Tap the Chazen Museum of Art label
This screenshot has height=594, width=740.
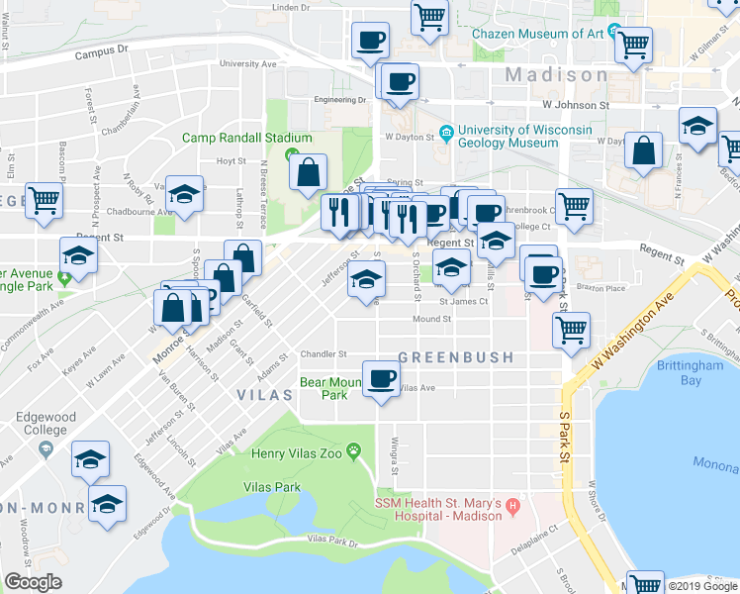tap(536, 33)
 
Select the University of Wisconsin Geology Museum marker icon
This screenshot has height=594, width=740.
tap(446, 130)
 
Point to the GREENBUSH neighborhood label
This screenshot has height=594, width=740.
tap(455, 356)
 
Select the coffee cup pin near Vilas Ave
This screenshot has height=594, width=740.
tap(381, 378)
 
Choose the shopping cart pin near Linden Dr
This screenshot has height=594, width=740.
tap(429, 16)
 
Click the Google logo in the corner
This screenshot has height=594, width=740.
tap(33, 582)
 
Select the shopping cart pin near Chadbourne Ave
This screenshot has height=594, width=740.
tap(45, 200)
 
